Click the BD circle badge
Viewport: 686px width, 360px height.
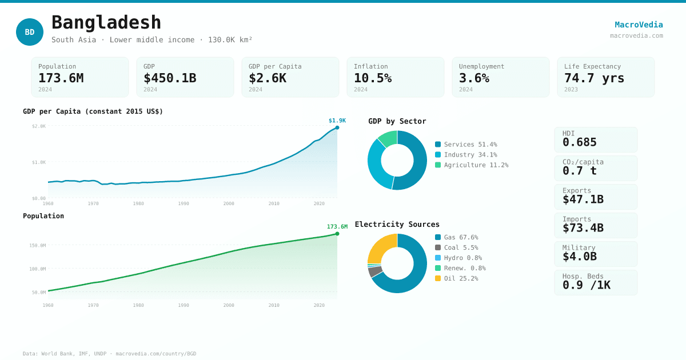point(30,32)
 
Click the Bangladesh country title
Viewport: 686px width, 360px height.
point(106,23)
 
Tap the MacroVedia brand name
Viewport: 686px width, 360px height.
point(639,25)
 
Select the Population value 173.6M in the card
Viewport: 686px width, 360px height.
point(61,78)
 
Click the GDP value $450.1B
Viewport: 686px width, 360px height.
point(170,78)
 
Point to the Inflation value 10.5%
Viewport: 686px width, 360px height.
point(373,78)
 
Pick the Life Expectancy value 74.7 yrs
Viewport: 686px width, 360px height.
point(595,78)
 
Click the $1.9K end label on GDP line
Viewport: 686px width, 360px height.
point(337,121)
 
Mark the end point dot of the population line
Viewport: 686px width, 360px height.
point(337,234)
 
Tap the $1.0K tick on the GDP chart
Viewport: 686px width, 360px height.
point(39,162)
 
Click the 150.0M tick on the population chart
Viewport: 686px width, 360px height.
point(38,245)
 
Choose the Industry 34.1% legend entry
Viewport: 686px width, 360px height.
point(466,155)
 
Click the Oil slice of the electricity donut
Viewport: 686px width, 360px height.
point(382,247)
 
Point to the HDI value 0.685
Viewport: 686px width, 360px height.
point(580,142)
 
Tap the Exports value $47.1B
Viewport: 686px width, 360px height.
point(583,199)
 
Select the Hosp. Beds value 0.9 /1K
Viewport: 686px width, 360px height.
point(587,285)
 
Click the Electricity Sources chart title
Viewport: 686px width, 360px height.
point(397,224)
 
